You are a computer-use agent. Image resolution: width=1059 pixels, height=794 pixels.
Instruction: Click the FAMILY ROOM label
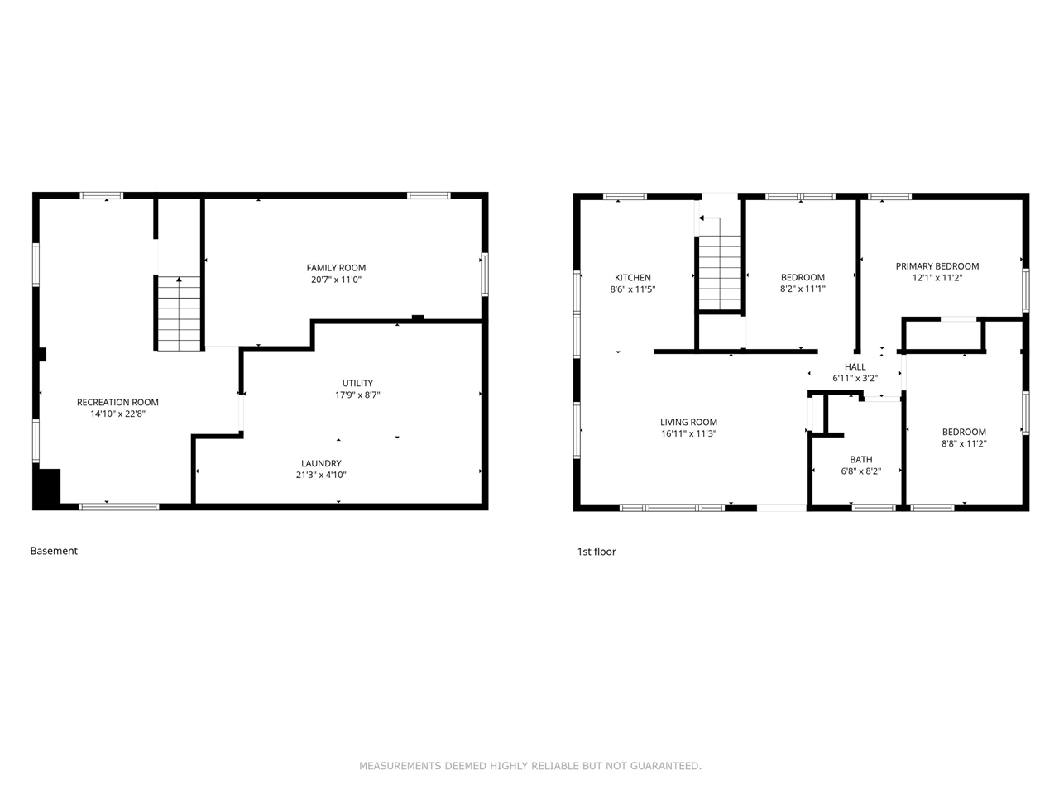pos(336,267)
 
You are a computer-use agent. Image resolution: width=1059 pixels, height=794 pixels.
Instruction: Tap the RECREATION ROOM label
pos(117,402)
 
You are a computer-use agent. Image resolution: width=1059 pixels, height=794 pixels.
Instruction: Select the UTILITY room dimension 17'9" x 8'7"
pos(357,395)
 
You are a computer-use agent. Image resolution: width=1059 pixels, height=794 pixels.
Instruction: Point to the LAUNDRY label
pos(321,463)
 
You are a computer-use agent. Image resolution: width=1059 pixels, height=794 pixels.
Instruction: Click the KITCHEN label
pos(633,278)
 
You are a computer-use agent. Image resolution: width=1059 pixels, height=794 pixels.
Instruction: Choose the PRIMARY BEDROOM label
pos(937,266)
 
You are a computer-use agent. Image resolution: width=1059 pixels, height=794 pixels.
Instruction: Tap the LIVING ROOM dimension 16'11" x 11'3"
pos(688,433)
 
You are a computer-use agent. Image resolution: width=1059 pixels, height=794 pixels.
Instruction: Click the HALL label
pos(855,367)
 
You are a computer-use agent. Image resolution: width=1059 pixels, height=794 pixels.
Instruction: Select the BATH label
pos(860,459)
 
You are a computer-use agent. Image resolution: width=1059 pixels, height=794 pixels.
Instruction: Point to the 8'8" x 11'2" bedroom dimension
pos(964,443)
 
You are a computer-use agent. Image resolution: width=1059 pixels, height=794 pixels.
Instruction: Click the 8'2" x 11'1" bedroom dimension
pos(803,289)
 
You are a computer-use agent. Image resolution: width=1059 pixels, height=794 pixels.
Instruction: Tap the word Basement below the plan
pos(54,551)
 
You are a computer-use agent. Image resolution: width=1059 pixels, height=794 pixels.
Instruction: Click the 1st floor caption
pos(597,552)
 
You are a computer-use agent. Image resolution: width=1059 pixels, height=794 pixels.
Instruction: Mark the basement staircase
pos(179,313)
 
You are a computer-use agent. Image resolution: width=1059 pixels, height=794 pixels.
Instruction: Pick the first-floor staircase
pos(720,272)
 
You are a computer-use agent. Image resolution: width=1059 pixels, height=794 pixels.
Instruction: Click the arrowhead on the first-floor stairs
pos(701,218)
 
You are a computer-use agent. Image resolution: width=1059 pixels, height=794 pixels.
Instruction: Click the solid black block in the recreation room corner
pos(46,488)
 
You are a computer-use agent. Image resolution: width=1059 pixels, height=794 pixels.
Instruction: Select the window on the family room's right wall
pos(485,275)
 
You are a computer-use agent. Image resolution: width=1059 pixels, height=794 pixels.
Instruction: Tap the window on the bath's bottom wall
pos(874,508)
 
